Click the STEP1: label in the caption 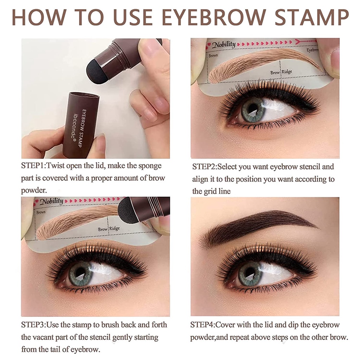(x=33, y=166)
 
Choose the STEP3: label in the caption (x=33, y=325)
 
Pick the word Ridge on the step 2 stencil (x=287, y=72)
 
